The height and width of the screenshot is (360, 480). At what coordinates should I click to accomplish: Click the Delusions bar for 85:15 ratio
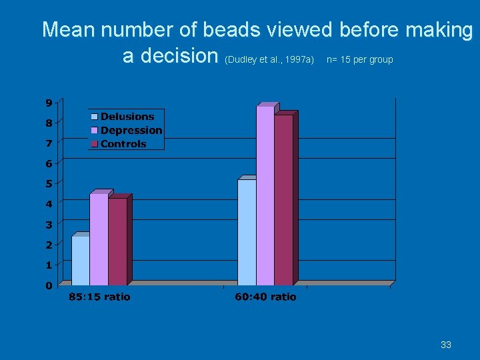(80, 261)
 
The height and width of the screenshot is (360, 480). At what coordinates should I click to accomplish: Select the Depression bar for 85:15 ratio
(99, 239)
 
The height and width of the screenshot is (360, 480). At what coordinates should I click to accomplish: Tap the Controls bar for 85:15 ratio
(117, 241)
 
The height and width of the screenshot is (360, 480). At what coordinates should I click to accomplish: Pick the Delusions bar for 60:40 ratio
(247, 232)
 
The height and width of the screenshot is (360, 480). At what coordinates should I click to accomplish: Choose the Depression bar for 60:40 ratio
(265, 195)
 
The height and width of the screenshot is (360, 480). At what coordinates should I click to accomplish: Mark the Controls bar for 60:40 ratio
(283, 200)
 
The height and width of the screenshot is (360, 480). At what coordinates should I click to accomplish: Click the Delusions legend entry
(127, 117)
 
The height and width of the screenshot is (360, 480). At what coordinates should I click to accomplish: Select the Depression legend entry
(131, 130)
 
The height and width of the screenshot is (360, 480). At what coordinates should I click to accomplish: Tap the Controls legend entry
(123, 144)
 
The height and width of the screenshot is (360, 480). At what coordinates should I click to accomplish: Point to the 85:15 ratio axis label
(99, 297)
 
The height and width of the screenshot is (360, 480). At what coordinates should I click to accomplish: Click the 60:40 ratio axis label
(265, 297)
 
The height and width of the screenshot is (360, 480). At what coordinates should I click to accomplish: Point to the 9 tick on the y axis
(49, 103)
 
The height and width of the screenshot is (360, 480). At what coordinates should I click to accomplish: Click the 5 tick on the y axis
(49, 184)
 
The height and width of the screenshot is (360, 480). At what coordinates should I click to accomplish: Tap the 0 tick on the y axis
(49, 286)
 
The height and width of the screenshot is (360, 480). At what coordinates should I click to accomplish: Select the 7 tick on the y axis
(49, 143)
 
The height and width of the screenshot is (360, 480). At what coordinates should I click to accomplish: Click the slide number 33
(446, 345)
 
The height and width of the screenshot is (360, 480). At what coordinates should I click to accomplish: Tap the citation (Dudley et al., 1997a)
(270, 60)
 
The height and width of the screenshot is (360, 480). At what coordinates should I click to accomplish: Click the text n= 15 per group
(360, 60)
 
